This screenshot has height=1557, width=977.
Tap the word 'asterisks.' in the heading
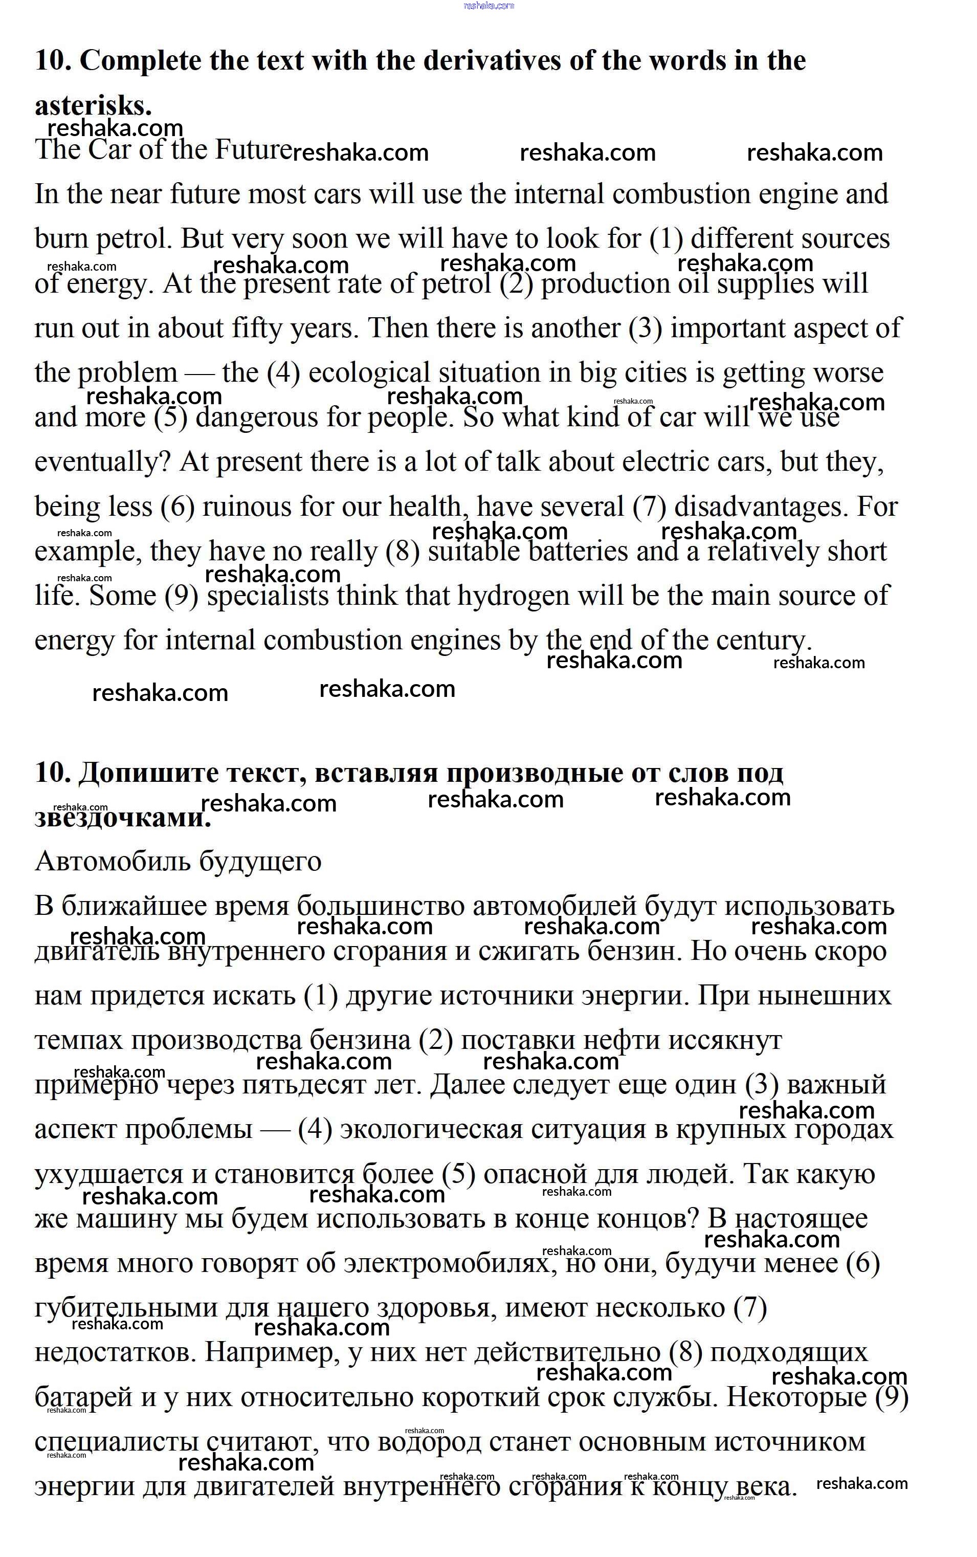(x=93, y=105)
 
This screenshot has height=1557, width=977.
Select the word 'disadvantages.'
(x=761, y=507)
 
